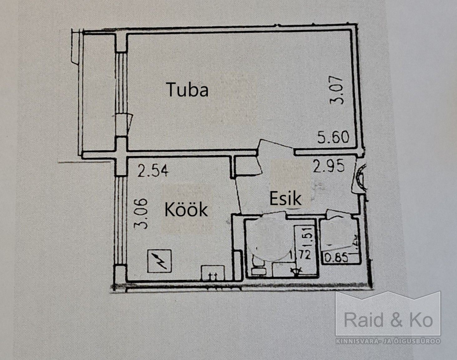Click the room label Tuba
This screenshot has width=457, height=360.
coord(187,90)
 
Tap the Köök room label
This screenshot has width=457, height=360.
coord(186,210)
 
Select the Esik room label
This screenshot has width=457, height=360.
coord(285,198)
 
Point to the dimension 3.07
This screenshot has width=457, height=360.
coord(338,91)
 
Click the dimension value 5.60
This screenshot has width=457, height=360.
coord(333,137)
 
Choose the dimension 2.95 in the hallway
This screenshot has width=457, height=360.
coord(329,166)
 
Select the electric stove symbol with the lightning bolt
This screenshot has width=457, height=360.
coord(160,261)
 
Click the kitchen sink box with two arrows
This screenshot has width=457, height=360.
coord(213,273)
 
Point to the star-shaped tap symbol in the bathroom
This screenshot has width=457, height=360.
coord(295,272)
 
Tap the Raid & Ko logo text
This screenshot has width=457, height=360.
coord(388,321)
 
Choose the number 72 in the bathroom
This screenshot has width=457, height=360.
coord(305,255)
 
